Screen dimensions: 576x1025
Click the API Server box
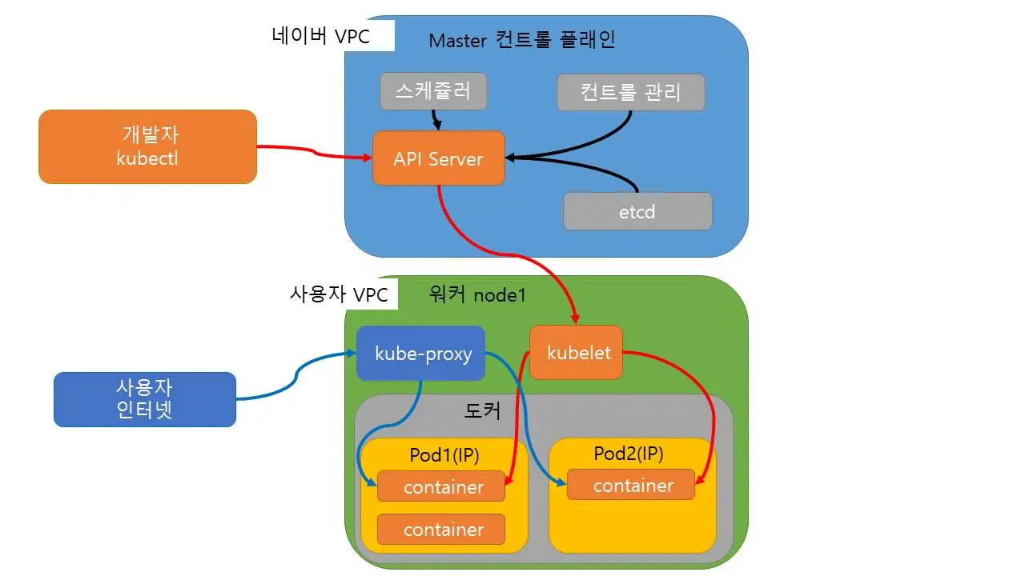coord(439,158)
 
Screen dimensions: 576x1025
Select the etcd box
coord(637,211)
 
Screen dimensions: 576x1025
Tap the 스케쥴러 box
coord(433,91)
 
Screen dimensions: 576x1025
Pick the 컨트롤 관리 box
coord(631,92)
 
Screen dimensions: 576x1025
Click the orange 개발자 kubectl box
coord(147,146)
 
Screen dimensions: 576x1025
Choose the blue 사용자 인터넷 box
coord(145,399)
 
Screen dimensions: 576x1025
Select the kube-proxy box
coord(421,353)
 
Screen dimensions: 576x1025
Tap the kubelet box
coord(576,352)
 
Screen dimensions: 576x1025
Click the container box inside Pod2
coord(631,485)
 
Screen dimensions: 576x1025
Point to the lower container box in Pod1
coord(441,529)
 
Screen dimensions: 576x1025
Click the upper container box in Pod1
coord(441,486)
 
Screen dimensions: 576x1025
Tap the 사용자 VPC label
coord(339,294)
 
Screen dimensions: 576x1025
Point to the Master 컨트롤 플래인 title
coord(522,39)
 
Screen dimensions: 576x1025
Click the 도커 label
coord(483,411)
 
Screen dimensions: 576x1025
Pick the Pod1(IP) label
coord(444,455)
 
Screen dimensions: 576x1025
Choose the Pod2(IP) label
coord(629,454)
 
